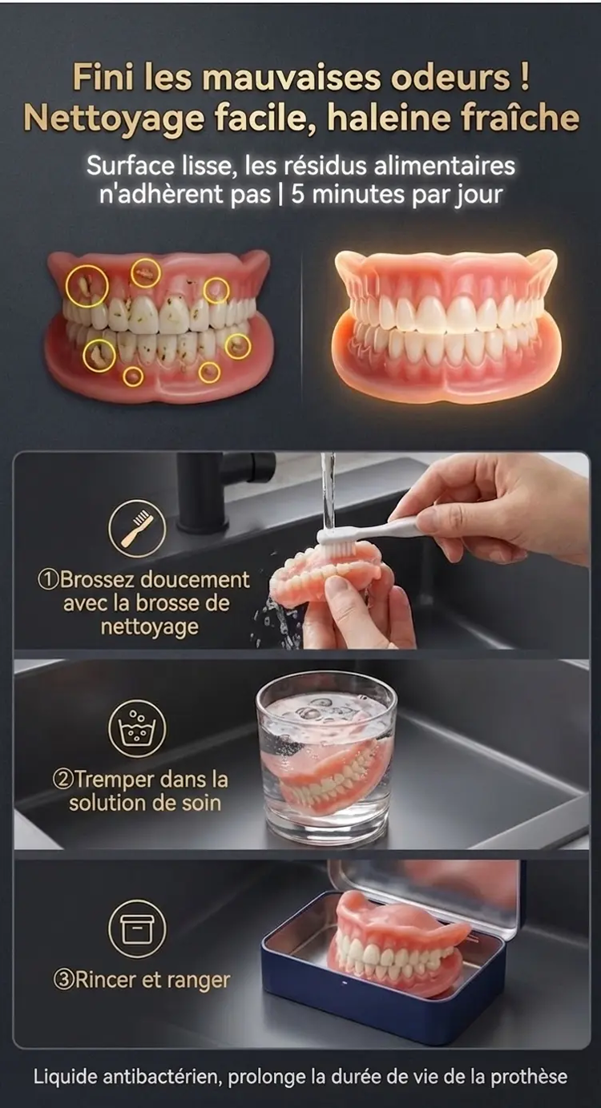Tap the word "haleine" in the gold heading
[386, 119]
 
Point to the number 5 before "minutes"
[297, 195]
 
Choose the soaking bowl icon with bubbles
[138, 728]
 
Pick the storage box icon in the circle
[138, 929]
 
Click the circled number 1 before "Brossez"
[48, 579]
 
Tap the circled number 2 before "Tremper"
[63, 780]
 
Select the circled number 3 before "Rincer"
[63, 980]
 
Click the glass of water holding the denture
[325, 759]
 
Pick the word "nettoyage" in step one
[149, 627]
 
